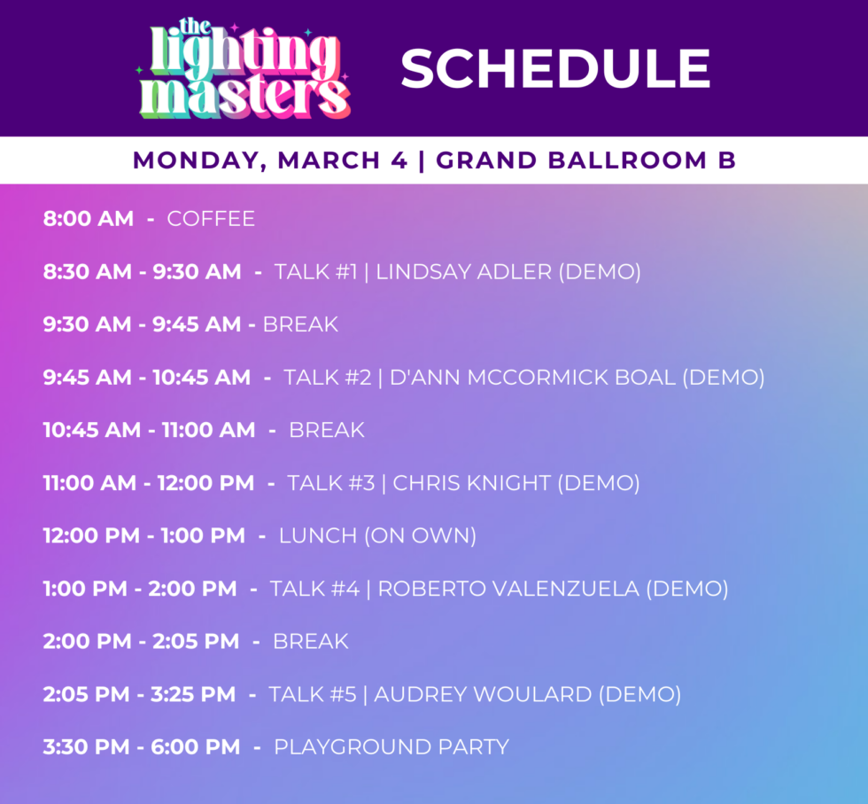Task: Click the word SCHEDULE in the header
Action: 555,69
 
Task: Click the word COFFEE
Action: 211,218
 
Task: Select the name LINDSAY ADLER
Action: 463,271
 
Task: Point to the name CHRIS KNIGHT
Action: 471,483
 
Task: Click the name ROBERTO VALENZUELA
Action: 508,589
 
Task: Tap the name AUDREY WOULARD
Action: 483,694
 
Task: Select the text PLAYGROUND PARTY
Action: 391,747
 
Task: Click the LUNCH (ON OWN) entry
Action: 377,535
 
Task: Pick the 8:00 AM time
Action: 89,218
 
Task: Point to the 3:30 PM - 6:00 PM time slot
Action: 142,747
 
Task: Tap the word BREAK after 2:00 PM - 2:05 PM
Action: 310,641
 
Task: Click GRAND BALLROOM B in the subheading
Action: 585,160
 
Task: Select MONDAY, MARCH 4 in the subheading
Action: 270,160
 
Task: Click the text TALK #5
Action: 313,694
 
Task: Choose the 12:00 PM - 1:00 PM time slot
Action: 144,535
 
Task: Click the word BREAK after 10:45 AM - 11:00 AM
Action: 327,430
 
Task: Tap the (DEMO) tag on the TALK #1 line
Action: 599,271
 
